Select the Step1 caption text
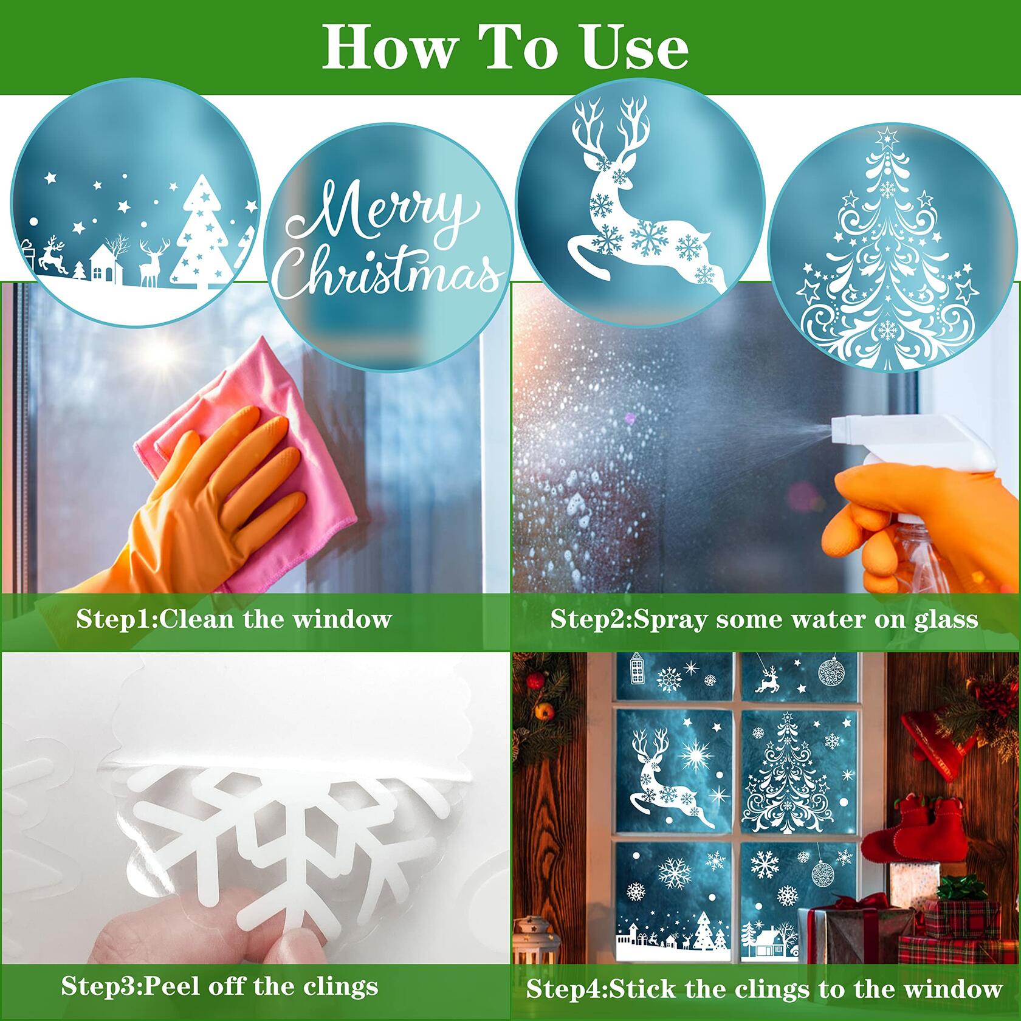(234, 619)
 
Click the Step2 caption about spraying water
(764, 619)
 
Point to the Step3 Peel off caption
(219, 986)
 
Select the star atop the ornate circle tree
(889, 134)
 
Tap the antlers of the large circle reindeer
(614, 131)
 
